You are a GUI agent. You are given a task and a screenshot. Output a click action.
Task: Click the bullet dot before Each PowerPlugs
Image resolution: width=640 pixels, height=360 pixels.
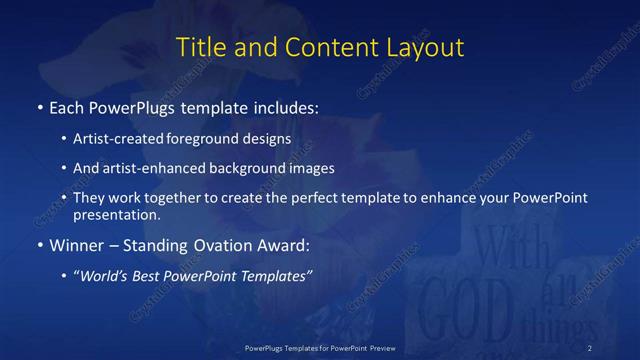[x=39, y=106]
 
